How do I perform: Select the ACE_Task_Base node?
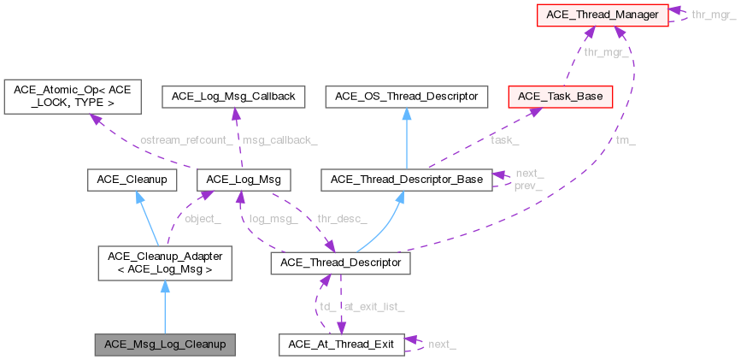click(559, 97)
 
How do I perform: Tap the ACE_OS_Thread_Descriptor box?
click(406, 97)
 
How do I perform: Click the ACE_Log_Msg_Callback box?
click(233, 97)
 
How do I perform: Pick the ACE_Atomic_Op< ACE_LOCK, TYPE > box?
click(71, 96)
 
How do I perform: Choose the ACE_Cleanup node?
click(132, 180)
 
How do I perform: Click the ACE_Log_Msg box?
click(244, 180)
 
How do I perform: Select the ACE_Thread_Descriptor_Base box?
click(406, 180)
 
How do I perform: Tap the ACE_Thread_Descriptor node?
click(340, 263)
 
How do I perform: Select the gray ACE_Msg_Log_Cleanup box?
click(165, 345)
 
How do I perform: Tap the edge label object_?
click(203, 220)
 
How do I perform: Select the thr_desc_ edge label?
click(342, 220)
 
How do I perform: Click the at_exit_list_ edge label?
click(373, 305)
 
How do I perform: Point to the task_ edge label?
click(504, 139)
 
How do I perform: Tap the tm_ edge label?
click(626, 139)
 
